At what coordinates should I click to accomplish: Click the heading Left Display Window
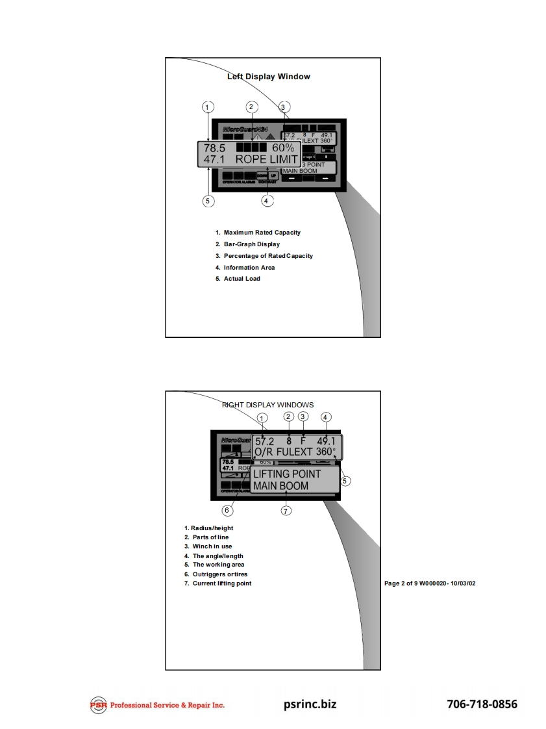(269, 77)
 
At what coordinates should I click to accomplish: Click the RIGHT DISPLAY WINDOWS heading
(268, 405)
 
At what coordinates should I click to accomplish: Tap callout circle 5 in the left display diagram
(208, 201)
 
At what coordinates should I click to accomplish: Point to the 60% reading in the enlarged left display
(283, 147)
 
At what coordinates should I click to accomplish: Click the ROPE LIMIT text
(267, 159)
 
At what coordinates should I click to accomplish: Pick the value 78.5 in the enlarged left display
(215, 147)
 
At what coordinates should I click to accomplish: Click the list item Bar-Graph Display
(251, 244)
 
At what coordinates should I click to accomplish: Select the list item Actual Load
(242, 279)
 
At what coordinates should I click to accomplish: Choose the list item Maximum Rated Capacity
(262, 233)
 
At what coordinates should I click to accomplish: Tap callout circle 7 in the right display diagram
(286, 511)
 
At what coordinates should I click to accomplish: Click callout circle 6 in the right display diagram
(227, 511)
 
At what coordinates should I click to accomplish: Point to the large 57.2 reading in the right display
(266, 441)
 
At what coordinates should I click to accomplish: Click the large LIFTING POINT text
(287, 474)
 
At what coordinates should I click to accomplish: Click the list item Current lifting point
(221, 583)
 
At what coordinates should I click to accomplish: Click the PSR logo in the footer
(99, 705)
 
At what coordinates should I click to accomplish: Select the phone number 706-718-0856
(482, 704)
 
